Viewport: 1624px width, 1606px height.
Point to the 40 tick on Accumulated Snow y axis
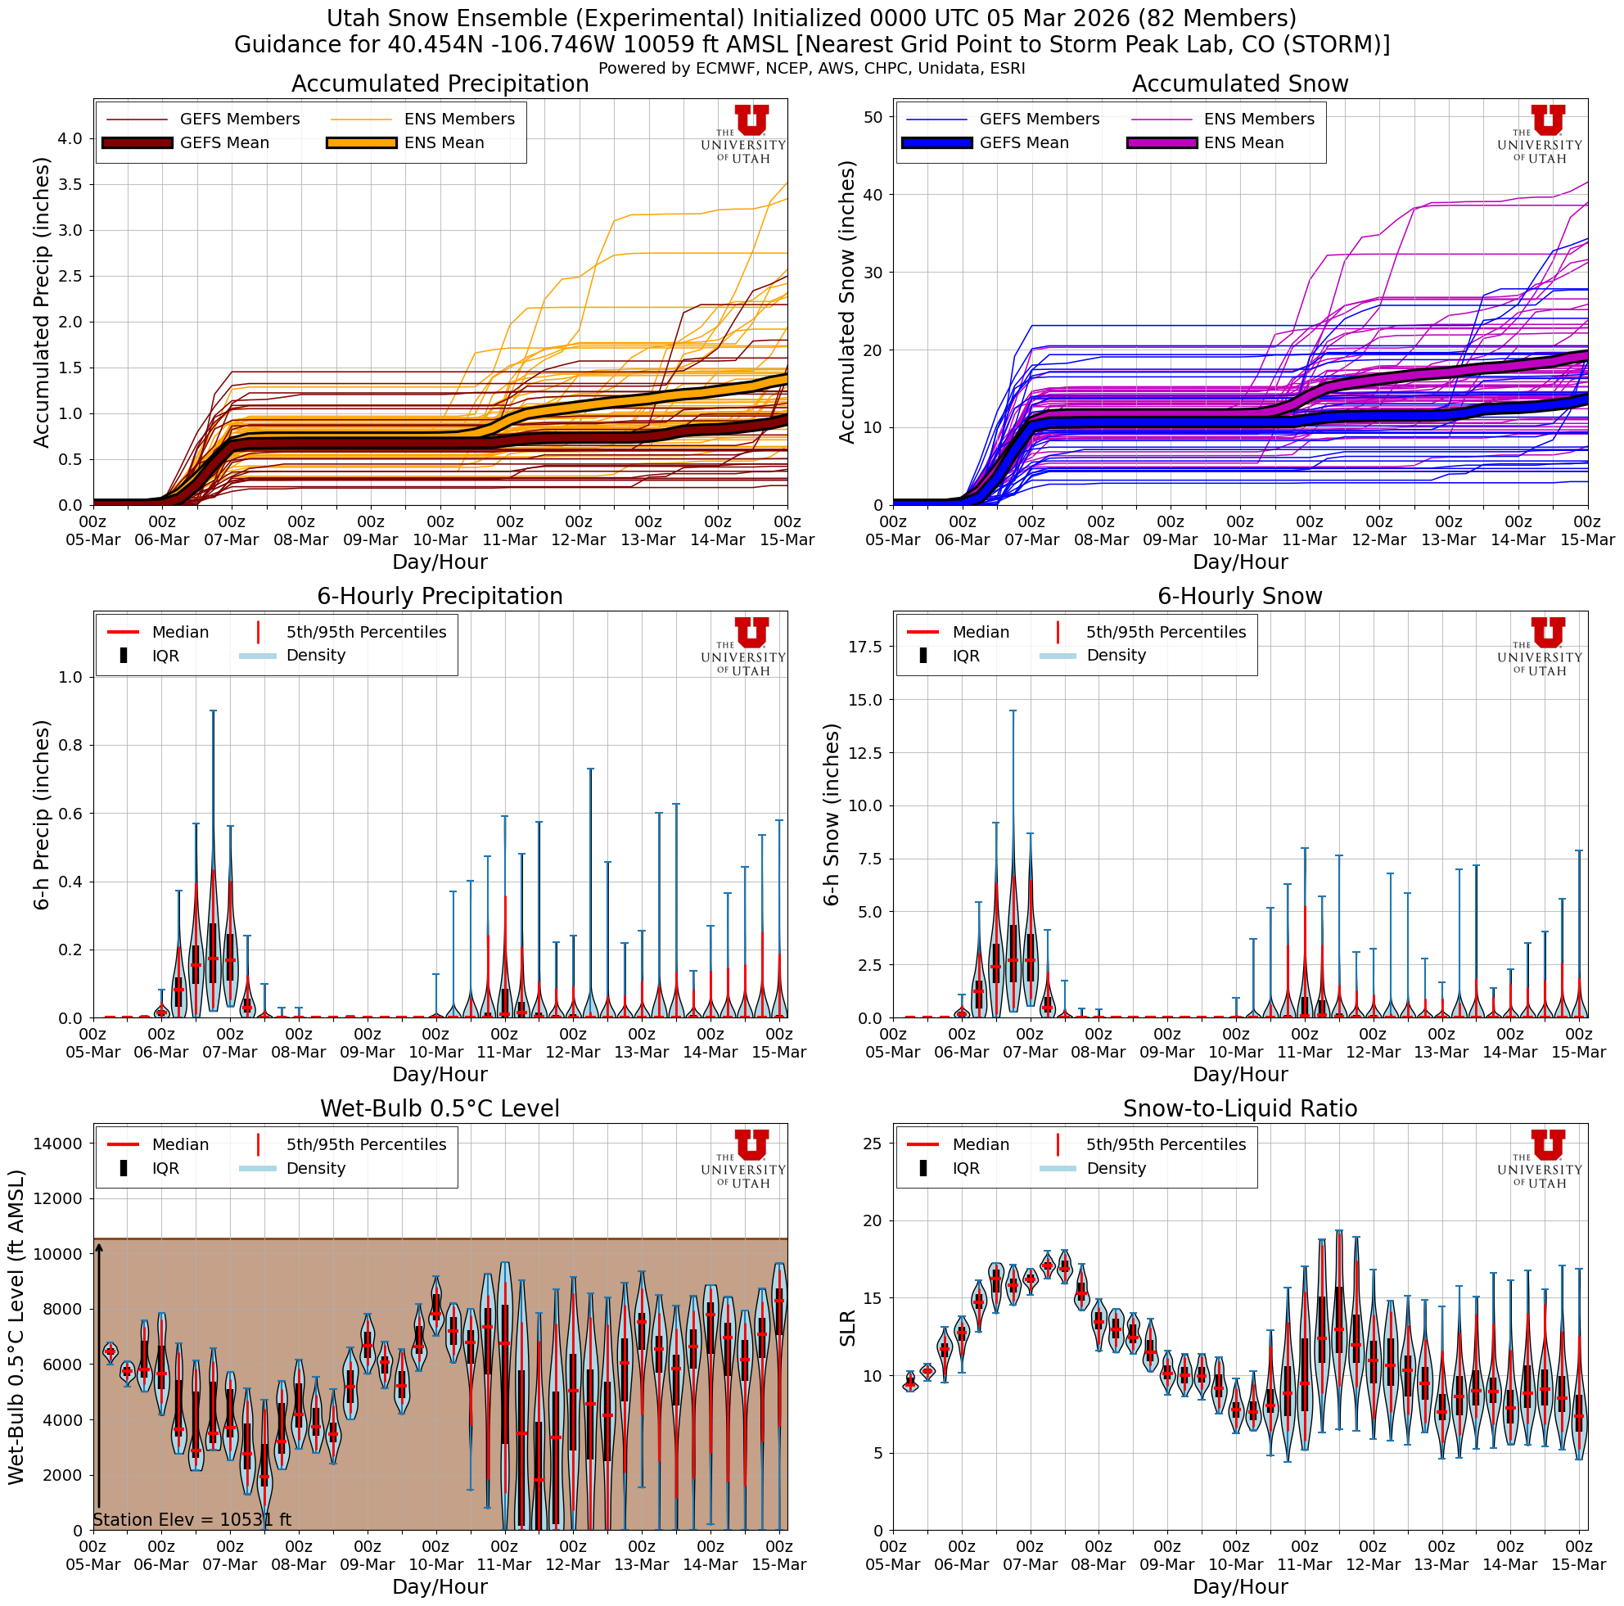(x=873, y=195)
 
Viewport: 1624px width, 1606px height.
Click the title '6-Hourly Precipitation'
(x=440, y=596)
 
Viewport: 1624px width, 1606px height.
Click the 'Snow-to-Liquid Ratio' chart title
(x=1240, y=1108)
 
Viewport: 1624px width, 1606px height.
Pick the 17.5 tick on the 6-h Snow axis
(x=866, y=647)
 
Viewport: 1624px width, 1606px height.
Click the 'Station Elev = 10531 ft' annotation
(x=192, y=1520)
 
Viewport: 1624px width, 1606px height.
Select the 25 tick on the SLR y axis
(x=873, y=1143)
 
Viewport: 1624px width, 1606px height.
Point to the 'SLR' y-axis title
(x=847, y=1329)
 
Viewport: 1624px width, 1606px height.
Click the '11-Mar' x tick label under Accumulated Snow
(x=1310, y=539)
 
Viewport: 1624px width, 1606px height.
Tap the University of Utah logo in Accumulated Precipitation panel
(x=744, y=134)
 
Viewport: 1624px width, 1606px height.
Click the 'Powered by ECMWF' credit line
(x=811, y=68)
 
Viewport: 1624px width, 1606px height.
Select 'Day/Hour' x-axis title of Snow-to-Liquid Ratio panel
(x=1240, y=1586)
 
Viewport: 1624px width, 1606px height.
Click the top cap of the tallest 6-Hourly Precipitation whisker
(x=213, y=711)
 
